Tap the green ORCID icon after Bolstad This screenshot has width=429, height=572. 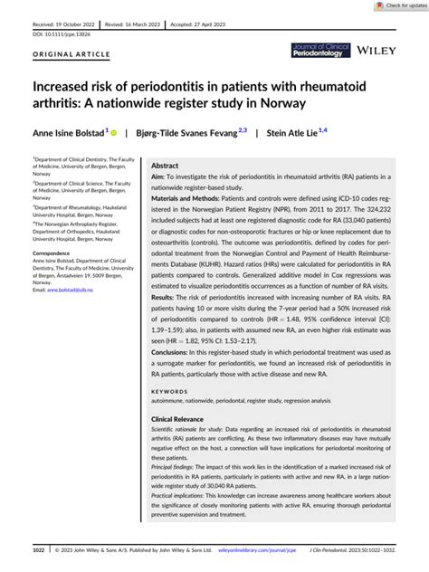(115, 131)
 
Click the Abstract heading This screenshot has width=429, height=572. (165, 167)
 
